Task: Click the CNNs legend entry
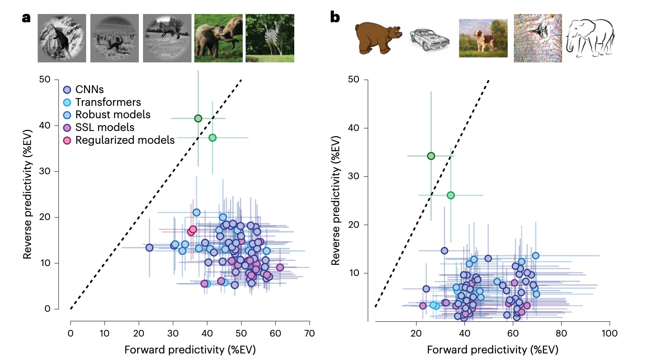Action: click(x=89, y=89)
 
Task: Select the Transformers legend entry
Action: click(x=108, y=102)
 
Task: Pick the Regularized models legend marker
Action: click(x=67, y=140)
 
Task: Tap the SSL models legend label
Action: click(x=105, y=127)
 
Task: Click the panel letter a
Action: click(x=26, y=18)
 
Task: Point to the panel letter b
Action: click(x=335, y=17)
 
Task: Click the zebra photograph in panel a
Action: click(x=270, y=38)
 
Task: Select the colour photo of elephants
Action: click(x=218, y=38)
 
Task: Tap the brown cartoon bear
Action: click(x=378, y=38)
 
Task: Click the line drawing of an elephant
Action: click(x=590, y=38)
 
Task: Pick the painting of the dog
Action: click(x=483, y=38)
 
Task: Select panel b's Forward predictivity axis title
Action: click(x=492, y=350)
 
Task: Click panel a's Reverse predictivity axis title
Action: click(x=27, y=194)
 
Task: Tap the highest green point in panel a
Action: click(x=198, y=119)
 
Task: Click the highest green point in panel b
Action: click(x=431, y=156)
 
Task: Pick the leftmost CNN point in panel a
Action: click(x=150, y=248)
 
